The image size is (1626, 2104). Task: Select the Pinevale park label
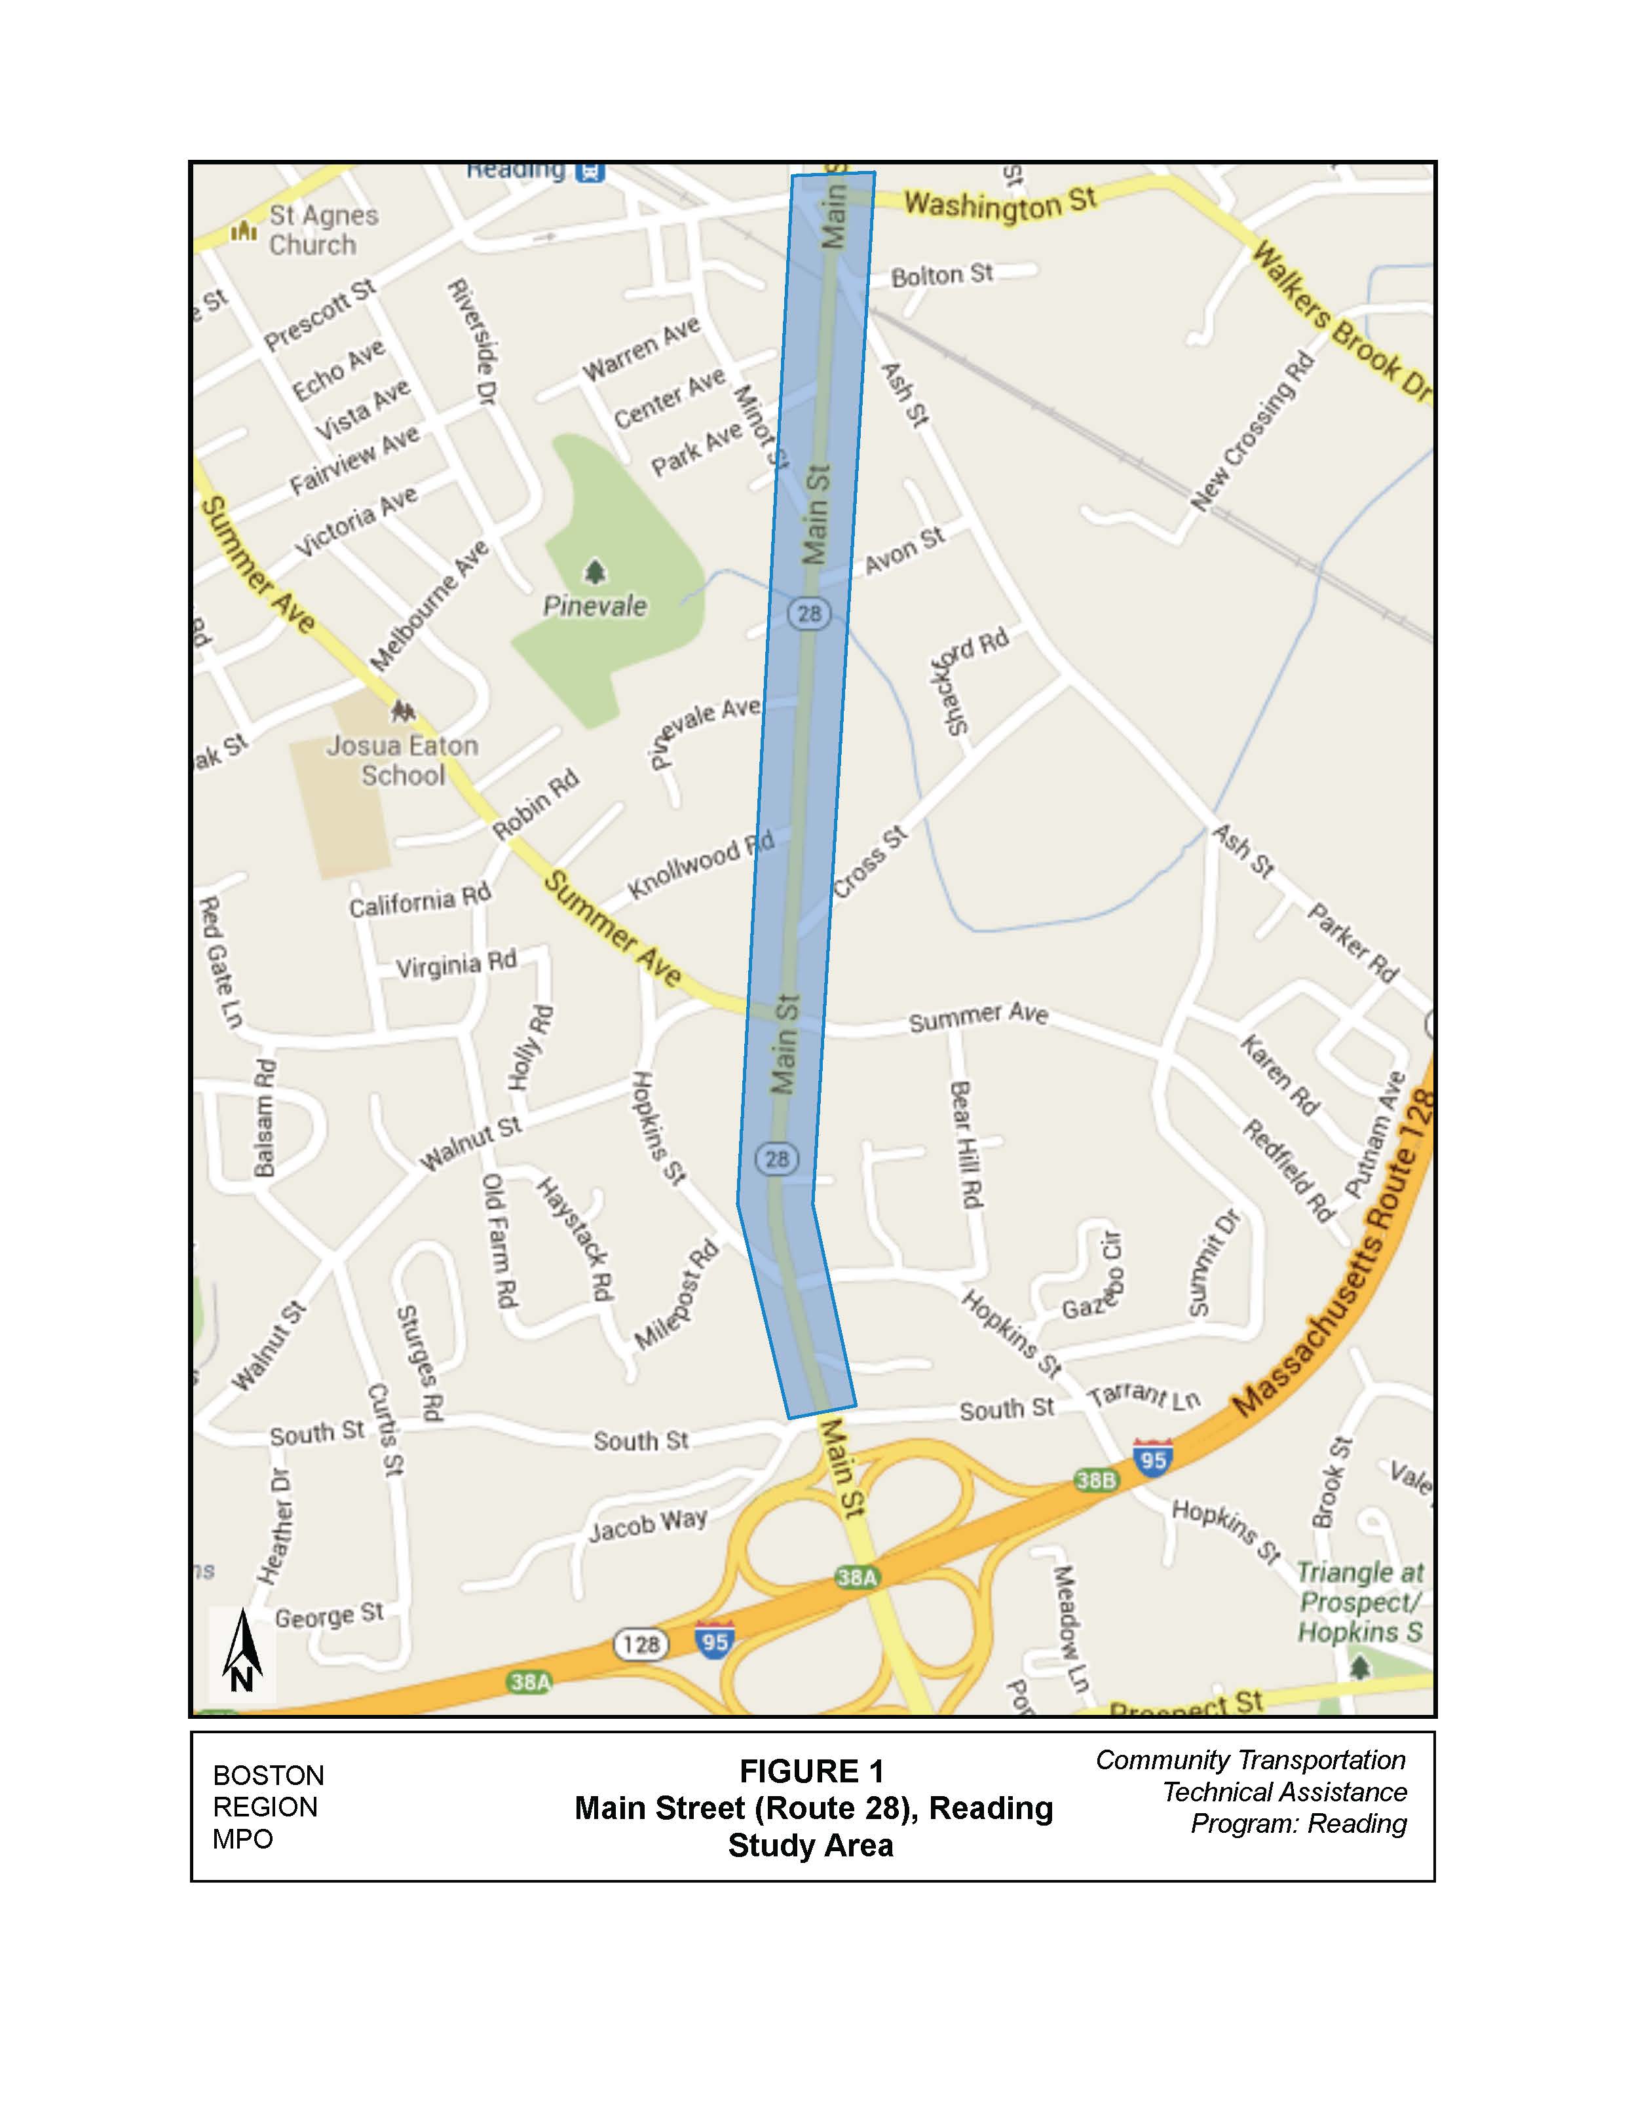click(596, 606)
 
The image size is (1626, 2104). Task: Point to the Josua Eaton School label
click(403, 760)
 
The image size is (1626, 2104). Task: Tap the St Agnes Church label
click(323, 230)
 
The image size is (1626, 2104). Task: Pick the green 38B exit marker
click(1095, 1479)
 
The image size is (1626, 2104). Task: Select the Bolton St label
click(941, 276)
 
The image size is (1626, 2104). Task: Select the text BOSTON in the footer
click(269, 1775)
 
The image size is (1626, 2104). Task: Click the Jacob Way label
click(649, 1524)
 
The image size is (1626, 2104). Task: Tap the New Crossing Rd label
click(1252, 430)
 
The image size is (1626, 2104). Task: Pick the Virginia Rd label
click(457, 964)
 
